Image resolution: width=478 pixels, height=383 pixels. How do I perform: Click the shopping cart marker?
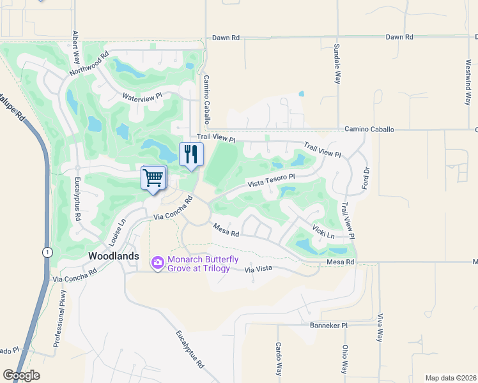click(x=153, y=177)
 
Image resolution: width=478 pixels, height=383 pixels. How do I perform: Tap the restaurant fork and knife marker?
click(x=191, y=154)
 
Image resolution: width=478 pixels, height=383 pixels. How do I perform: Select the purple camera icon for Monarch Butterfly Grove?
click(x=157, y=262)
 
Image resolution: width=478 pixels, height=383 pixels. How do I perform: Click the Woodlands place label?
click(x=113, y=256)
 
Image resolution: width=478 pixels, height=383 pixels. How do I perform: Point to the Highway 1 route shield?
click(x=47, y=252)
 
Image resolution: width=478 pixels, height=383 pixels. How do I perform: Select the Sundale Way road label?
click(x=337, y=64)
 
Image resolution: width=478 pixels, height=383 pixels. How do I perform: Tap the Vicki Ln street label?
click(x=323, y=230)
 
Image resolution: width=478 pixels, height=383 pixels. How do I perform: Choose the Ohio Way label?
click(x=344, y=359)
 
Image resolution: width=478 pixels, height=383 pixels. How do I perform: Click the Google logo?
click(x=21, y=375)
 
